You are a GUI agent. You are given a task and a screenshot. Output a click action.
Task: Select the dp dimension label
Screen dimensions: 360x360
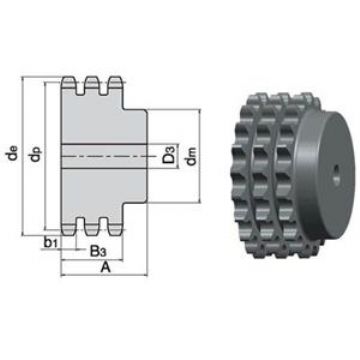tap(36, 154)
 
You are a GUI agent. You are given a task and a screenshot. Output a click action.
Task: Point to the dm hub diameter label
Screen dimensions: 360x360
tap(191, 156)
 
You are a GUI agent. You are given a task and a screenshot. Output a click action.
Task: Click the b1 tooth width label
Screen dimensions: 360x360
tap(51, 243)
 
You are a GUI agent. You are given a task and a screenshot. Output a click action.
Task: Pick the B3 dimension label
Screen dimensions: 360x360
tap(97, 251)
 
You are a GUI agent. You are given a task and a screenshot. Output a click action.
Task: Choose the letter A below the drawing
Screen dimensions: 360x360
tap(105, 267)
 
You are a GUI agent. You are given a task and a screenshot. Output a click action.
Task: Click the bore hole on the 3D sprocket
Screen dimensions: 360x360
tap(336, 175)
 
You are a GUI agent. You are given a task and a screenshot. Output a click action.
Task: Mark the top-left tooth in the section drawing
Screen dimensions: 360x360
tap(68, 83)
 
